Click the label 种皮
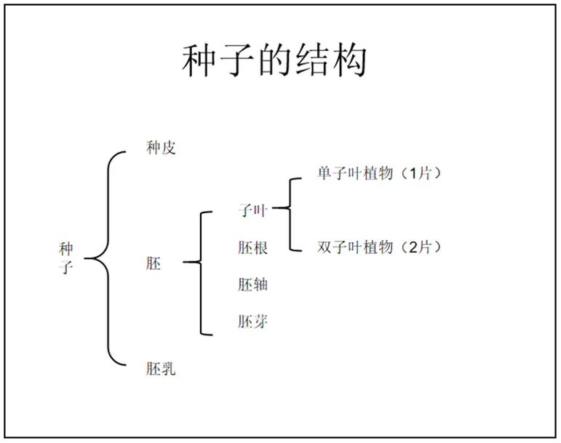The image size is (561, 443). point(161,149)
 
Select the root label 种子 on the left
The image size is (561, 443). point(66,258)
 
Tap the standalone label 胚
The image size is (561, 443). point(154,263)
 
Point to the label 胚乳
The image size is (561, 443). point(161,369)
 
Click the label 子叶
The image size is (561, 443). point(252,211)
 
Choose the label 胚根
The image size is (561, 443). point(252,248)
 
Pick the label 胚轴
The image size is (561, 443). point(252,284)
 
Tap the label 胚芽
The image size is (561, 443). point(252,321)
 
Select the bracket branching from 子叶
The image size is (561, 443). point(290,211)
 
